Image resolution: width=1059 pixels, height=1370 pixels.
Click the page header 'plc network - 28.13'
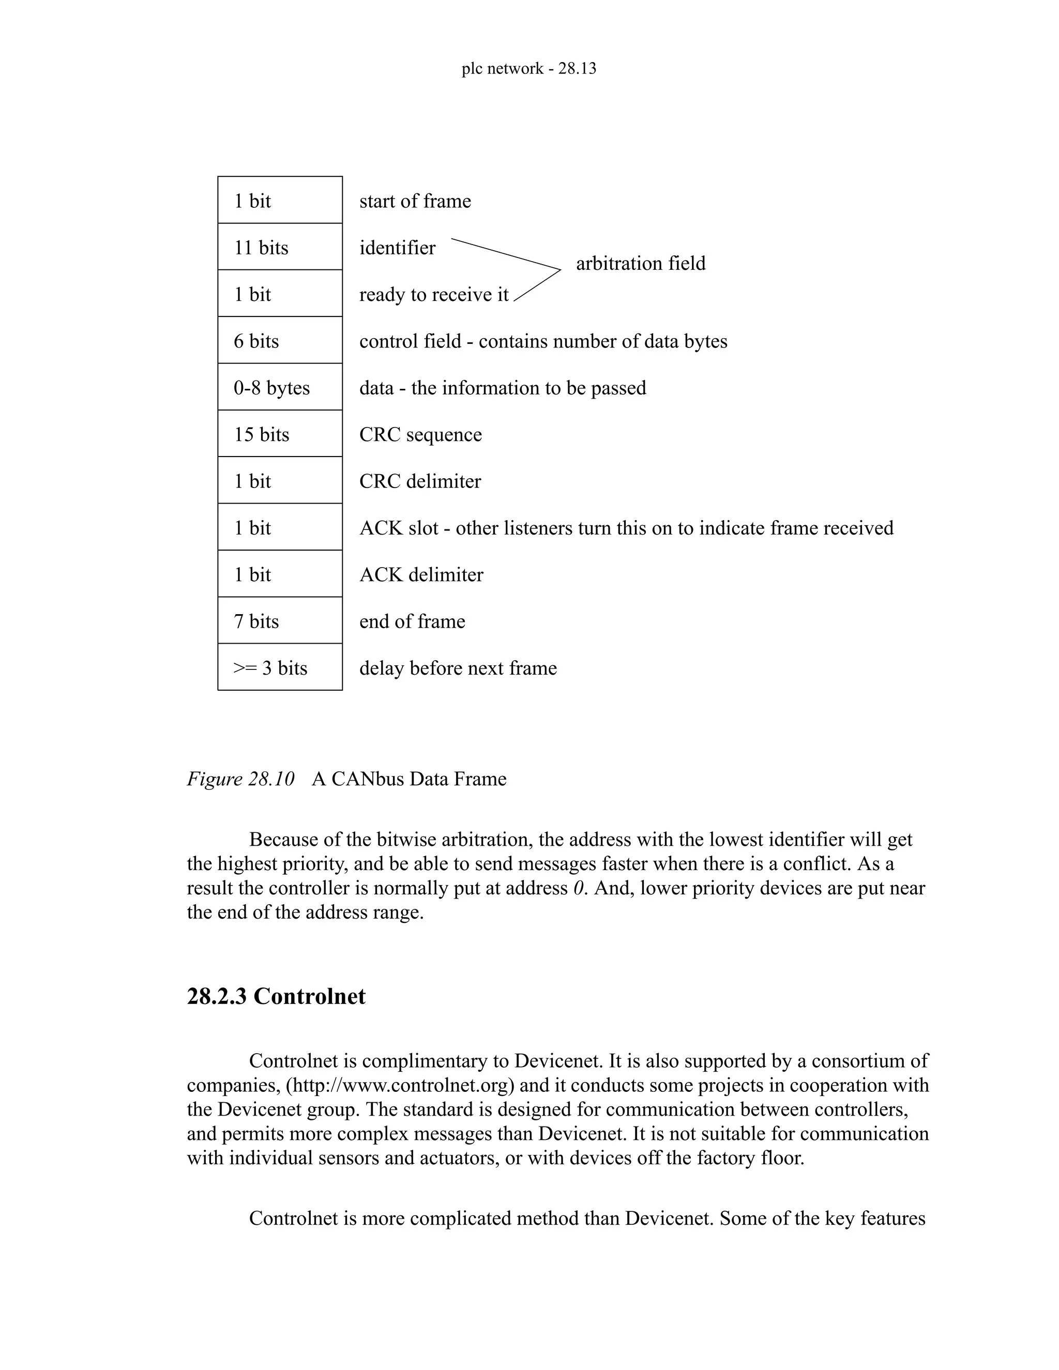(x=529, y=68)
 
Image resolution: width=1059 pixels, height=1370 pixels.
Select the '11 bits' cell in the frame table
(x=280, y=247)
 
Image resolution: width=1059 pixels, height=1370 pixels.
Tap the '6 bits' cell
(x=280, y=341)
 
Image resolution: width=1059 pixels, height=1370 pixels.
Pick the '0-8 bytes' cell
(x=280, y=388)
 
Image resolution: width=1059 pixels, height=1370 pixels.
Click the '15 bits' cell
(x=280, y=434)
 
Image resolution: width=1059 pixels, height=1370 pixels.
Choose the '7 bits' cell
(x=280, y=621)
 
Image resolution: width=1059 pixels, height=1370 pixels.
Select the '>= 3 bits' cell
(x=280, y=667)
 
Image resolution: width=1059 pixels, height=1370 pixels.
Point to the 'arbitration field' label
(x=641, y=264)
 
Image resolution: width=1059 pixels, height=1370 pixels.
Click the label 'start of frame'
(x=415, y=201)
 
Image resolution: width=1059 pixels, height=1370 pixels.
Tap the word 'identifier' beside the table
(x=397, y=248)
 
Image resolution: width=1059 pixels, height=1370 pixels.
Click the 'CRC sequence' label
(x=420, y=435)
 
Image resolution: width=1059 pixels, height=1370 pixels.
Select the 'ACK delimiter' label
(x=421, y=574)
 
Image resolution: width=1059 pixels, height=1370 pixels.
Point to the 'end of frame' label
(x=412, y=621)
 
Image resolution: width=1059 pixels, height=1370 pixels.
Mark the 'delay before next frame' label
(x=458, y=668)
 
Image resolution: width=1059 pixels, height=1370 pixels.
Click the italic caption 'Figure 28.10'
(x=240, y=779)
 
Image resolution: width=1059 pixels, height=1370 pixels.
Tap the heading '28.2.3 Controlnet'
(x=276, y=996)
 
